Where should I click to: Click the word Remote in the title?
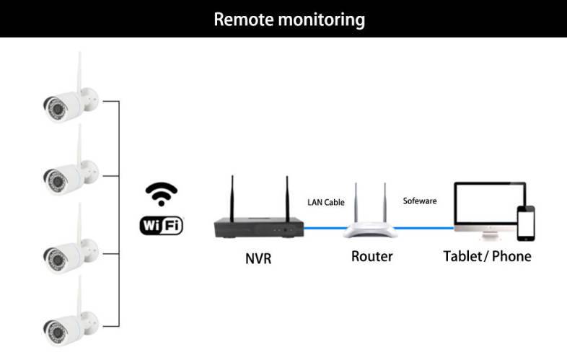[243, 19]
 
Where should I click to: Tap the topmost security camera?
[69, 102]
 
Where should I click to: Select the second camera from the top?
[69, 173]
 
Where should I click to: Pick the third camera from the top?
[69, 253]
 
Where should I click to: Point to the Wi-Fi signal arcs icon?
[161, 194]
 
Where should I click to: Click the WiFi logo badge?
[161, 225]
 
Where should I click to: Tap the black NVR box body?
[258, 227]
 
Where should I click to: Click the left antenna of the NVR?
[233, 196]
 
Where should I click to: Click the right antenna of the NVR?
[286, 196]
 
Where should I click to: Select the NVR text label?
[258, 257]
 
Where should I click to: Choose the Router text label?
[372, 256]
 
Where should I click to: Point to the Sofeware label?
[419, 201]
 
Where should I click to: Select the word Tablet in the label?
[463, 256]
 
